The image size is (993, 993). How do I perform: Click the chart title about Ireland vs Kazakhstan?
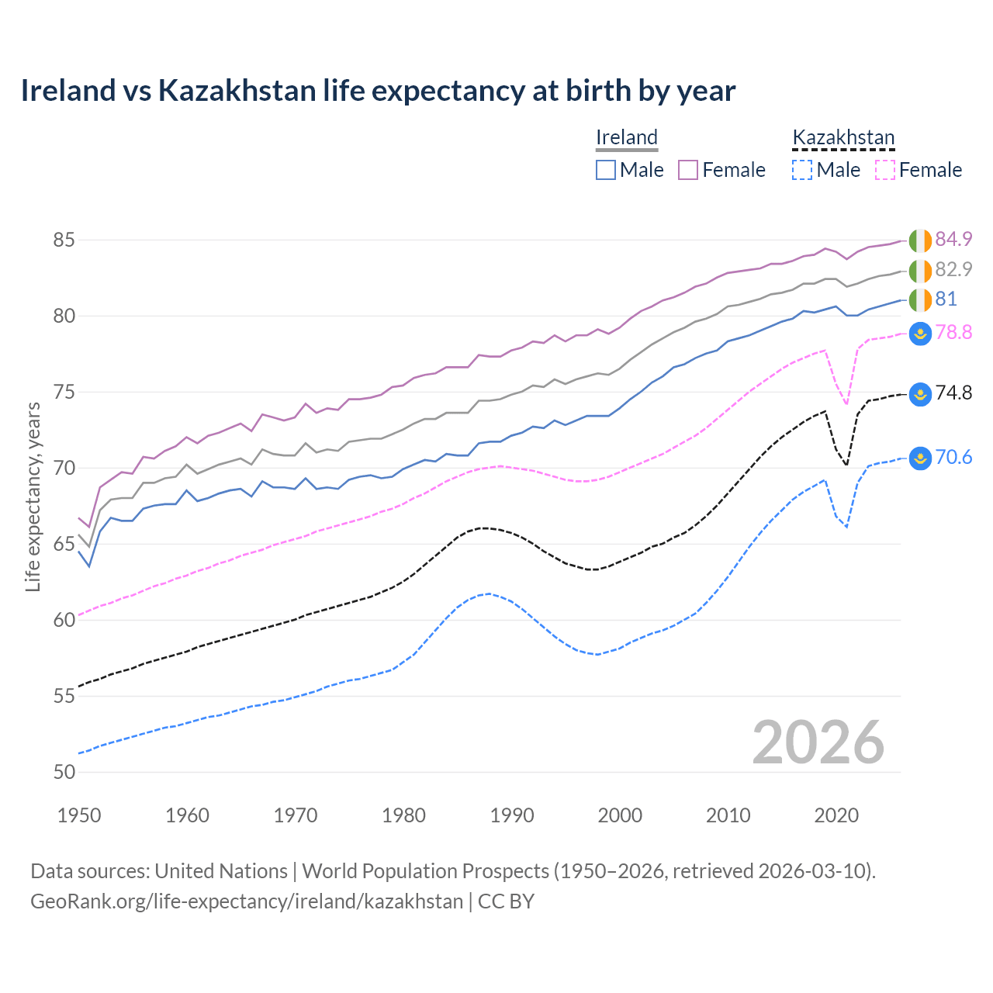pos(378,91)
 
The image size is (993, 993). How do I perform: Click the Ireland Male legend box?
pos(606,170)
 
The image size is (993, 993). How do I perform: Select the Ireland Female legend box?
pos(688,170)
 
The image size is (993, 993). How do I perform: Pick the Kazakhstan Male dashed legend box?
pos(802,170)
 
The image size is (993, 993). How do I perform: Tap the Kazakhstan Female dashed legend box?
pos(885,170)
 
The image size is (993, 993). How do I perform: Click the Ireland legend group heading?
pos(627,137)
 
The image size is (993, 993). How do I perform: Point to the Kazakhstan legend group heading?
pos(843,137)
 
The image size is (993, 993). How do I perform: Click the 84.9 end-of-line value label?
pos(953,239)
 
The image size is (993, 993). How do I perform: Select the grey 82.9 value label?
pos(953,269)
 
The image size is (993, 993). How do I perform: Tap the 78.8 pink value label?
pos(953,333)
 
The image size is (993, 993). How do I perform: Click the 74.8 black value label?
pos(953,393)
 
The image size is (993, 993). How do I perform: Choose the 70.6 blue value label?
pos(953,458)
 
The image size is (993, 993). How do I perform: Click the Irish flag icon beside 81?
pos(920,299)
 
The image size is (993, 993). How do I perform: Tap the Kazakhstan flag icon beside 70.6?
pos(920,458)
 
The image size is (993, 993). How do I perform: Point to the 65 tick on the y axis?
pos(64,544)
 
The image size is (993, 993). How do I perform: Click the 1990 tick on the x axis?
pos(512,815)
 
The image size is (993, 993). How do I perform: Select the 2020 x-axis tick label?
pos(836,815)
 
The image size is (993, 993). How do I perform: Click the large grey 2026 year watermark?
pos(818,742)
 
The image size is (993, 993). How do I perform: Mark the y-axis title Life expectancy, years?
pos(33,496)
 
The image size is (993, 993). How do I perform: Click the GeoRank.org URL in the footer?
pos(247,901)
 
